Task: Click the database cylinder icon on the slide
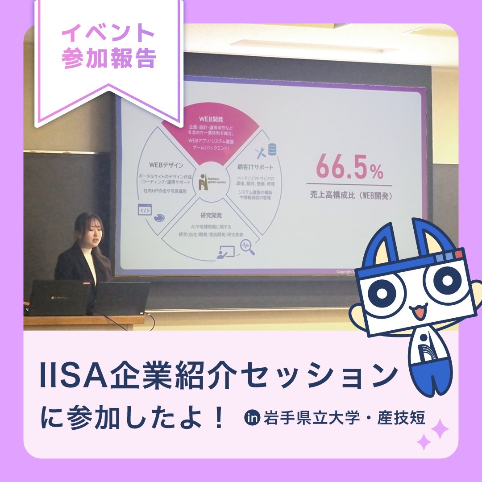pos(272,150)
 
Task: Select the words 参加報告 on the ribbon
pos(108,59)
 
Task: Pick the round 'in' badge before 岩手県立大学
pos(253,419)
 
